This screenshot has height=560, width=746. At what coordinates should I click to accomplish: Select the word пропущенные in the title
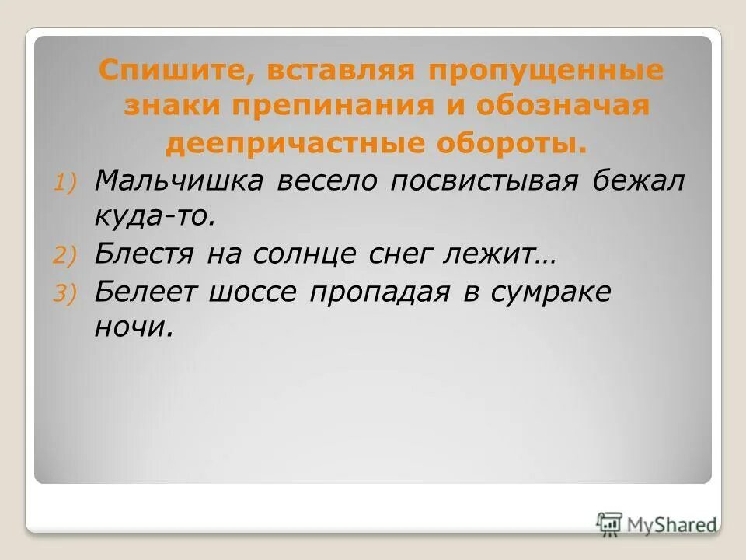point(544,72)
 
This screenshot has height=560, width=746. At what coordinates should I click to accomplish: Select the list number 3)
point(65,292)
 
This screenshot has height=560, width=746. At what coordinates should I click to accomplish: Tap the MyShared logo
point(657,523)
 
